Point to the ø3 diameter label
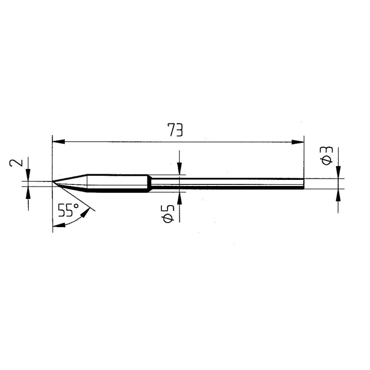(x=327, y=155)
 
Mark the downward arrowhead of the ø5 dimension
(x=179, y=170)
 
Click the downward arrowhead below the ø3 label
(x=338, y=173)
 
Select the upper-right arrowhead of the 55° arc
(x=91, y=208)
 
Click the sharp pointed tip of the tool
(x=53, y=181)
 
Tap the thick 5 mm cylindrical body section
(x=118, y=182)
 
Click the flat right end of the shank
(x=303, y=184)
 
